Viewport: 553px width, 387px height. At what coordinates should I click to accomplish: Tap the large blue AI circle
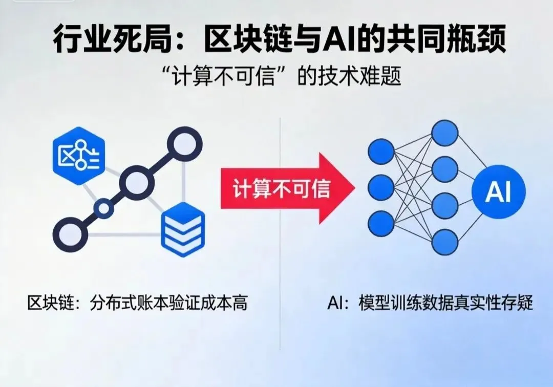[x=498, y=191]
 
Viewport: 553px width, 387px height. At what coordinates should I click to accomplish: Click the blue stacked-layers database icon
[x=183, y=229]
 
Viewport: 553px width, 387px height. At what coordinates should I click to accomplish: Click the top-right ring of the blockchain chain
[x=184, y=144]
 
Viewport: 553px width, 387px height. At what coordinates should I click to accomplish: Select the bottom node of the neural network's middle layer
[x=444, y=242]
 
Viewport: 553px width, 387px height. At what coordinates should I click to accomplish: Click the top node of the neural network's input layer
[x=380, y=152]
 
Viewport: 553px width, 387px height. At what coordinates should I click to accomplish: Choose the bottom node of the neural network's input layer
[x=380, y=223]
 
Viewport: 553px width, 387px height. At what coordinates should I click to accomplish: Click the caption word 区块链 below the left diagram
[x=48, y=303]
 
